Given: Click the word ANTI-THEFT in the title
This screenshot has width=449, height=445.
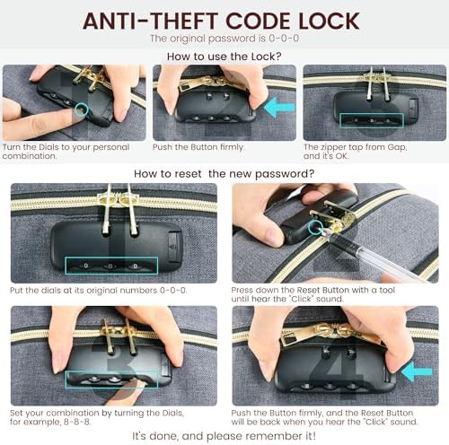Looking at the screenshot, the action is tap(149, 21).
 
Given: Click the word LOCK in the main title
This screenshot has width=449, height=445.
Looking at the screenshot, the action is tap(330, 21).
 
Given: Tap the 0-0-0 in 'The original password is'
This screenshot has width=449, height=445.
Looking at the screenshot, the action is tap(284, 39).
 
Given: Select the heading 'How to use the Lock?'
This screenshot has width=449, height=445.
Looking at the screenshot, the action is tap(224, 57).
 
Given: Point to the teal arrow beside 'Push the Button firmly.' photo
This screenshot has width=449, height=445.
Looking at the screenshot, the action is tap(279, 108).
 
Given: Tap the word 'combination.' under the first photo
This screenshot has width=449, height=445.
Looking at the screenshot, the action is tap(30, 156).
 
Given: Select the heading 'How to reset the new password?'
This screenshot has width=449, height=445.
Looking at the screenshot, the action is tap(224, 174).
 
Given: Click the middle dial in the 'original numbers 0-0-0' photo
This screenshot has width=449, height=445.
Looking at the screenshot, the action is tap(110, 266).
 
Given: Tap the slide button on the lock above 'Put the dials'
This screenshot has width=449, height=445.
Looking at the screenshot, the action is tap(174, 246).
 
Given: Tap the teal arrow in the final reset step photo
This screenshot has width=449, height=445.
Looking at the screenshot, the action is tap(417, 372).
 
